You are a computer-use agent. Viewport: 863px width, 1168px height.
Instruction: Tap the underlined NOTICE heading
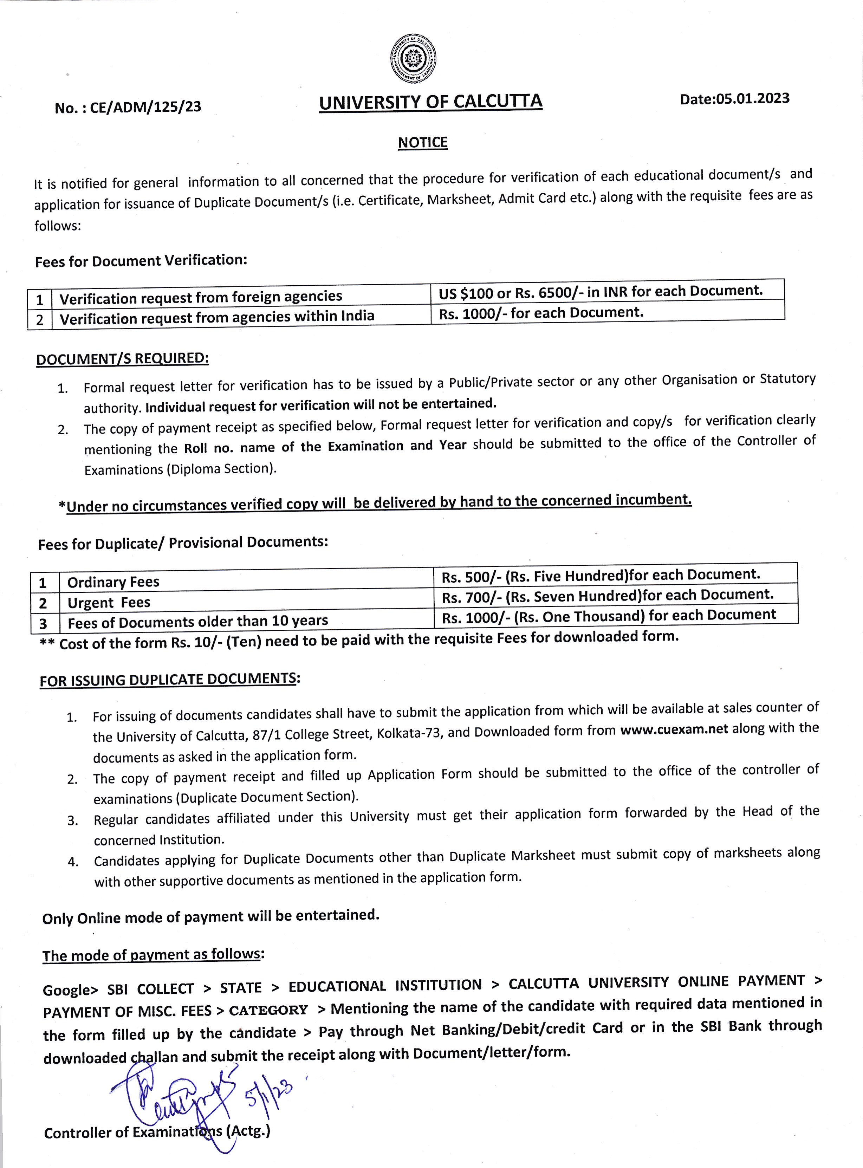pos(423,143)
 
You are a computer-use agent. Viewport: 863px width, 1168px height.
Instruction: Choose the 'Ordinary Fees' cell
pos(113,582)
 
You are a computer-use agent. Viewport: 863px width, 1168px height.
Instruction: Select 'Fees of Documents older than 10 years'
pos(197,622)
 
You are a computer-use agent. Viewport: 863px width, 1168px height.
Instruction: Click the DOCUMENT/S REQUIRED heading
pos(122,359)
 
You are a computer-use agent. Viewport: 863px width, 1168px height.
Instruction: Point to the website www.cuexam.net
pos(674,729)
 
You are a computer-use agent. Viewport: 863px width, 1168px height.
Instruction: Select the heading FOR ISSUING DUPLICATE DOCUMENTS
pos(170,680)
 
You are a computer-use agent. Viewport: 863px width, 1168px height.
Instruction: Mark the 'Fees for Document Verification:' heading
pos(141,261)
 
